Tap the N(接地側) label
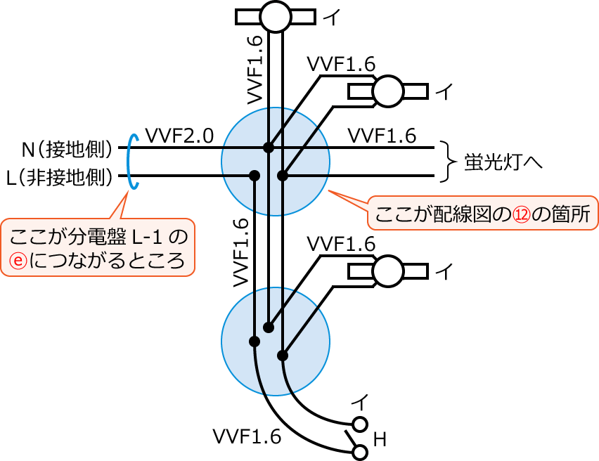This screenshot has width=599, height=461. tap(67, 149)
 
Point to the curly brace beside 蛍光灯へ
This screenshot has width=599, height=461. tap(448, 161)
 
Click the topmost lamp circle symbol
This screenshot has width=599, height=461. tap(275, 16)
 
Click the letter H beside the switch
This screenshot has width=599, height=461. tap(380, 440)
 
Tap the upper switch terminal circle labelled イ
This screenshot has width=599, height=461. tap(360, 424)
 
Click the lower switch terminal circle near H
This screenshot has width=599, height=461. tap(360, 452)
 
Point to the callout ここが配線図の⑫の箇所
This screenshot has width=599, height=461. tap(483, 214)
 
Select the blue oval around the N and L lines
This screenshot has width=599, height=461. tap(131, 162)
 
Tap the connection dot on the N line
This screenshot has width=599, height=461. tap(268, 148)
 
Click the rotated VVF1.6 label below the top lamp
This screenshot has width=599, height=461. tap(256, 68)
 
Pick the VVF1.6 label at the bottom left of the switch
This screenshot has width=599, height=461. tap(247, 437)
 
